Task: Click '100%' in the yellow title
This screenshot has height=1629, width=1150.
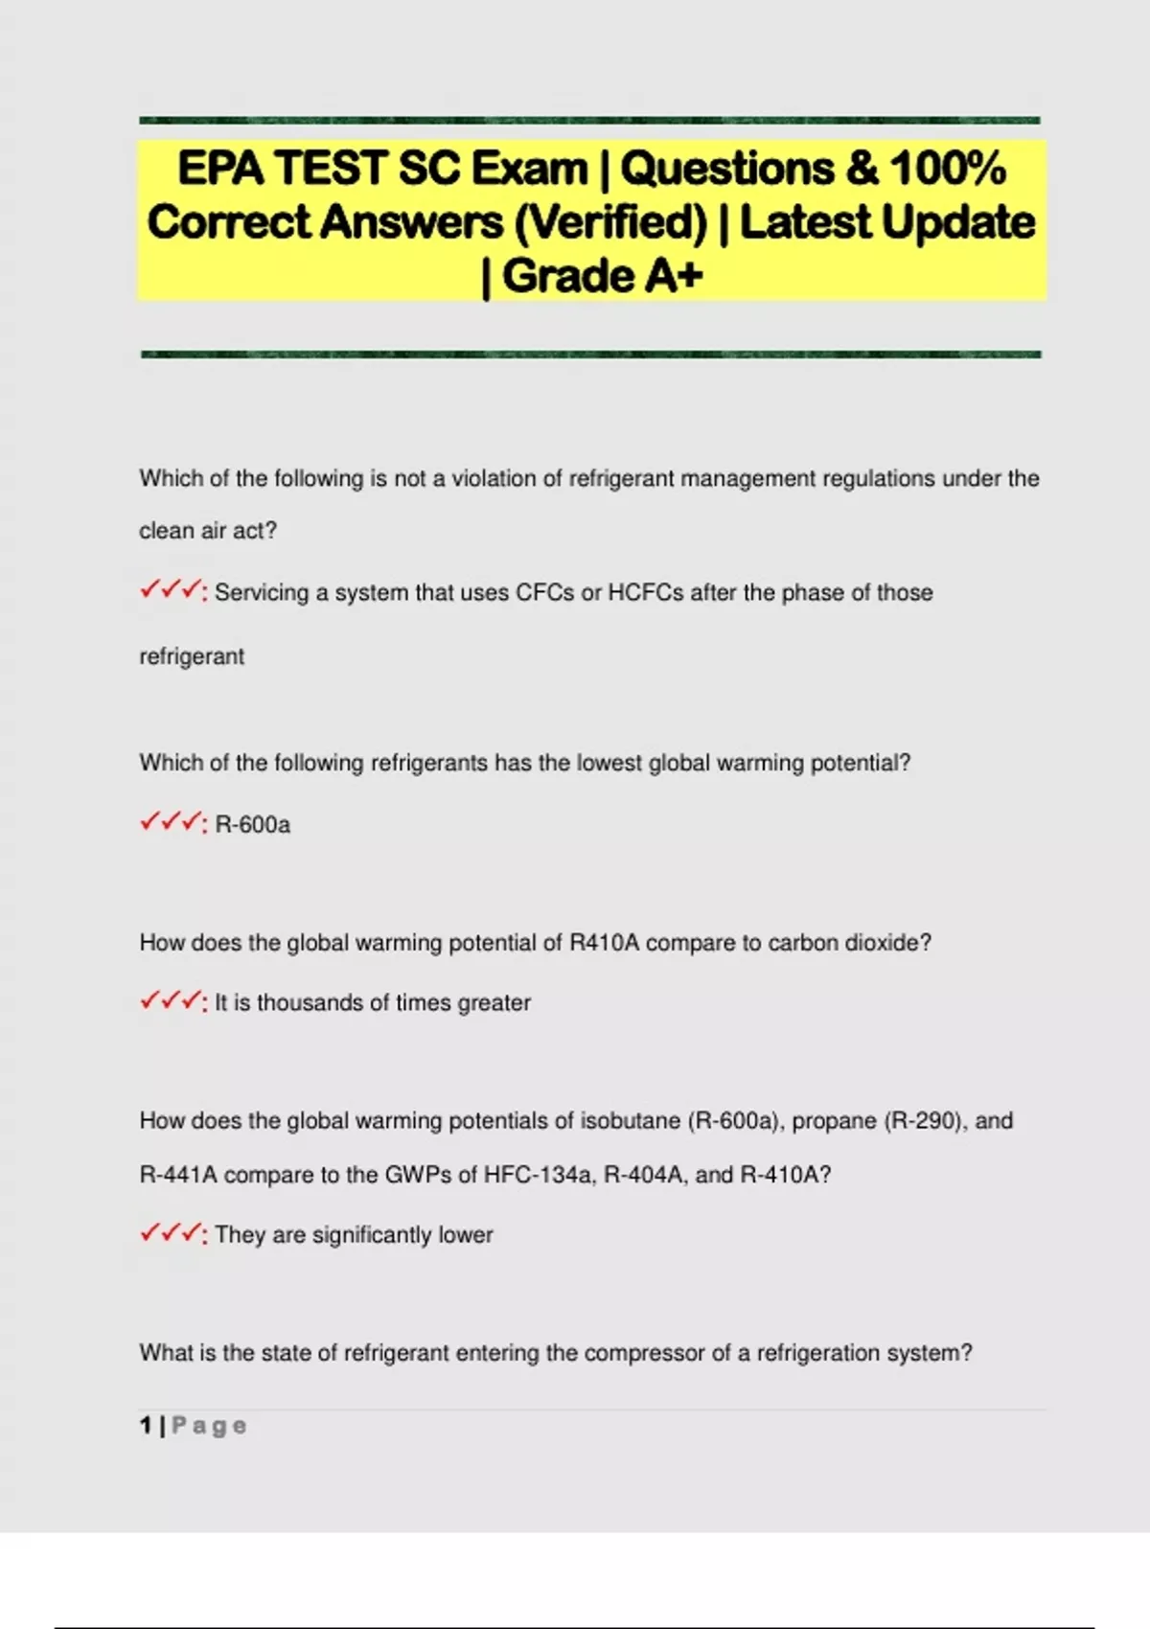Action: tap(948, 169)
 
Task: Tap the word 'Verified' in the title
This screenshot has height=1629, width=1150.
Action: tap(610, 223)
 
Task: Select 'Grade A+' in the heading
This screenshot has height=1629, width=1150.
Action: tap(603, 277)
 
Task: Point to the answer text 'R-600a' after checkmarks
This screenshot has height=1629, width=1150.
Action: tap(252, 824)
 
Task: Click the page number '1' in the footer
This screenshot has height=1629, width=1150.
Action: tap(146, 1426)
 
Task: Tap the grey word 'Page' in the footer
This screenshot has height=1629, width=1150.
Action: tap(209, 1426)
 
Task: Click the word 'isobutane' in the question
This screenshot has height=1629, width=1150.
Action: tap(631, 1121)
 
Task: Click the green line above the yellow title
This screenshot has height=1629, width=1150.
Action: tap(589, 121)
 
